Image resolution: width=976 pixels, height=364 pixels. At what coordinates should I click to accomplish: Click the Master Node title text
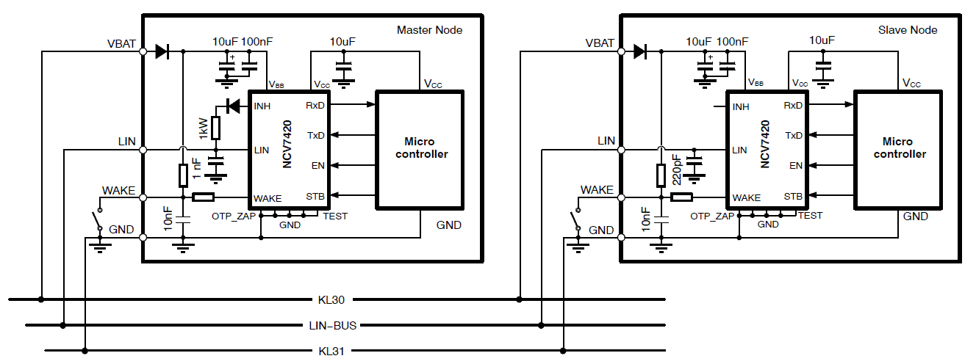point(429,30)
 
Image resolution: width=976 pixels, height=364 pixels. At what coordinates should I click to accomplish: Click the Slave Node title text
point(908,30)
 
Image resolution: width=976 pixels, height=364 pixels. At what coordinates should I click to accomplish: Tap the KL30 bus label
point(332,299)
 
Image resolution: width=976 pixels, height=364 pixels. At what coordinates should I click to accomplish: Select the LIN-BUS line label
point(332,324)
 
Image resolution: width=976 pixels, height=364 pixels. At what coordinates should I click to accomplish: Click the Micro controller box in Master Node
point(420,148)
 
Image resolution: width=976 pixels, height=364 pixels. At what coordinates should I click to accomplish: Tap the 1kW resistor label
point(203,128)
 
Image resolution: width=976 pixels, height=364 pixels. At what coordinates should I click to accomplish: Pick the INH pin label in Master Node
point(262,106)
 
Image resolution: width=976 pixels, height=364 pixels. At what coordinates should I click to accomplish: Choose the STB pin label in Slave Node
point(793,196)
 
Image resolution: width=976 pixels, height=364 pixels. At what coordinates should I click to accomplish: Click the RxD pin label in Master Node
point(315,106)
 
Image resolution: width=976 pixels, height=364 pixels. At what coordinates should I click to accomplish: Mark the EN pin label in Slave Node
point(796,165)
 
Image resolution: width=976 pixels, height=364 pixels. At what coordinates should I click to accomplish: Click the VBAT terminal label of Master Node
point(121,43)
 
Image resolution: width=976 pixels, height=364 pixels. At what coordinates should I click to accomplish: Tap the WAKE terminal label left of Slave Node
point(597,190)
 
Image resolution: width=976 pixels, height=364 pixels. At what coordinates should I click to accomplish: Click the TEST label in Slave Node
point(810,216)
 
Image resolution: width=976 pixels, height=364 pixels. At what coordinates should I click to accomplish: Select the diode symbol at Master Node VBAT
point(162,51)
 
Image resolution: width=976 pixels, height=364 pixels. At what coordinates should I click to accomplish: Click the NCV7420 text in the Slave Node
point(764,145)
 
